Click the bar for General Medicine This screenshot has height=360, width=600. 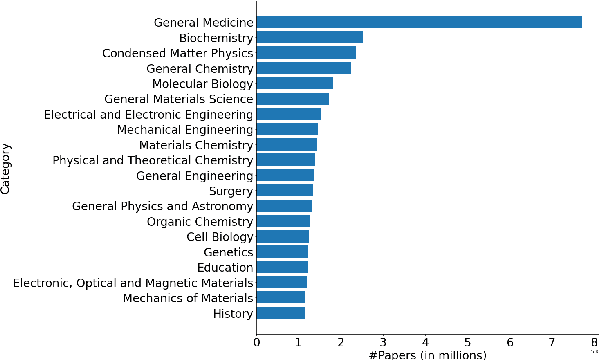point(419,22)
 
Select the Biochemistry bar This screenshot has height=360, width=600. point(310,37)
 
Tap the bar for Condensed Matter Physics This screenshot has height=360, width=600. point(306,52)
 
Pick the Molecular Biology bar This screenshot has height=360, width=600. point(295,83)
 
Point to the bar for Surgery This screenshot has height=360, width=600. point(285,190)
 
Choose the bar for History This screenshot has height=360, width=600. point(281,313)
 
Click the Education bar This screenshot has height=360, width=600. point(282,267)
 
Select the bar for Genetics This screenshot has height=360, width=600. point(282,252)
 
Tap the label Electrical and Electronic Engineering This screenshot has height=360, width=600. point(148,114)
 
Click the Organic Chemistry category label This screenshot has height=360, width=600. point(200,221)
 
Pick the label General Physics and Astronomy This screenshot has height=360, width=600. point(163,206)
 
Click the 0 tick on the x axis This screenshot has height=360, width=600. point(257,341)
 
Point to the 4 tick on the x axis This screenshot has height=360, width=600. point(426,341)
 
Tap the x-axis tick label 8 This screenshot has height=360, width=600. point(595,341)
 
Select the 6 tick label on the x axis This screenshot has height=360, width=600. point(510,341)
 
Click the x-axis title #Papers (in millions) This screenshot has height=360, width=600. point(427,354)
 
